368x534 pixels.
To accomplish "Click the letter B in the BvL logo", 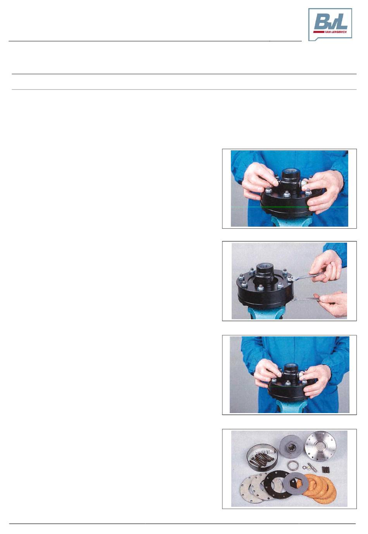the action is point(321,22).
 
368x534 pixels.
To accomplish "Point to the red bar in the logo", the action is point(319,31).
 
